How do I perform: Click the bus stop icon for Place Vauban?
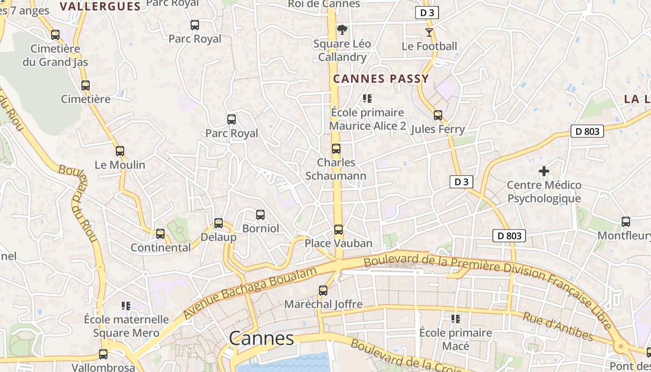coord(339,230)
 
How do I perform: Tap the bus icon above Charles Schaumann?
coord(336,149)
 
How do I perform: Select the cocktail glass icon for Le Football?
coord(429,33)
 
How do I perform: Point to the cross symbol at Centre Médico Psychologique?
coord(544,171)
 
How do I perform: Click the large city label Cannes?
coord(262,339)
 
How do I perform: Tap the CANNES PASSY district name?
coord(381,79)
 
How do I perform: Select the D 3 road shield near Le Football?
coord(427,13)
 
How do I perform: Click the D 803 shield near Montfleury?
coord(587,132)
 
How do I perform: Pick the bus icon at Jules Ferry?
coord(438,115)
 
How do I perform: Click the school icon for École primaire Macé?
coord(456,319)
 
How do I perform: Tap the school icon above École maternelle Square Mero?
coord(126,306)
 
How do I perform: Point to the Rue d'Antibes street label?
coord(558,326)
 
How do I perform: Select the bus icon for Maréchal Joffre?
coord(323,291)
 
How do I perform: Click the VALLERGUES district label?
coord(100,6)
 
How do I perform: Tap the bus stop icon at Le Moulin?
coord(120,151)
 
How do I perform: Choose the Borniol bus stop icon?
coord(260,215)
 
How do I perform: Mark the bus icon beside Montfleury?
coord(626,222)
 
